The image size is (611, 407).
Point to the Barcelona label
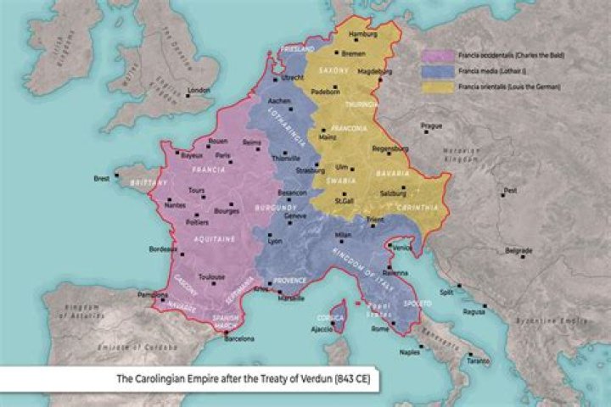(x=239, y=339)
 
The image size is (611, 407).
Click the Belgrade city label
(x=519, y=251)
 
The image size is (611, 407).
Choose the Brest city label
(x=103, y=179)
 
